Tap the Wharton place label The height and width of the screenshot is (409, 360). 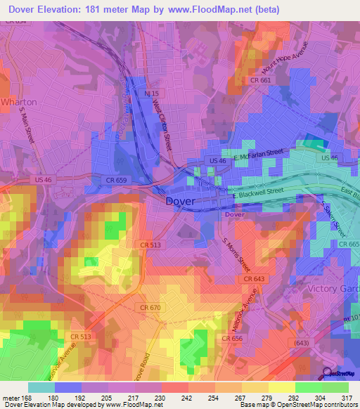pyautogui.click(x=19, y=102)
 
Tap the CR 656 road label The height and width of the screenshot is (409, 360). pyautogui.click(x=232, y=339)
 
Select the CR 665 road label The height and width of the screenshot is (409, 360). pyautogui.click(x=348, y=243)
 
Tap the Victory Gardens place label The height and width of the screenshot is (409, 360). pyautogui.click(x=333, y=288)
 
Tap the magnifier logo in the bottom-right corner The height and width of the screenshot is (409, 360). pyautogui.click(x=327, y=373)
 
